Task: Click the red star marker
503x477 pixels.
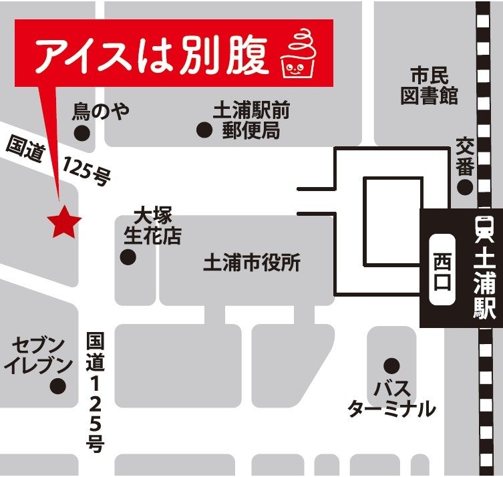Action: pos(64,223)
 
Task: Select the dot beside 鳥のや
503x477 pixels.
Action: pos(81,133)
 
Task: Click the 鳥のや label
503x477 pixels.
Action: pos(101,111)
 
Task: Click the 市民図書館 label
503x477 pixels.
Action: pos(429,86)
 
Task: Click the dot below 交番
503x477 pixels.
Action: pos(465,186)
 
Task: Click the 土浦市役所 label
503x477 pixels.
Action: pos(252,263)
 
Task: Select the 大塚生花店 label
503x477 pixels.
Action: pos(152,225)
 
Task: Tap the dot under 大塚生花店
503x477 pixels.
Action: pos(128,257)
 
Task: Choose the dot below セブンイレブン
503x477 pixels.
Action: pos(59,385)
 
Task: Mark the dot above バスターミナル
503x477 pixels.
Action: pos(391,365)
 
